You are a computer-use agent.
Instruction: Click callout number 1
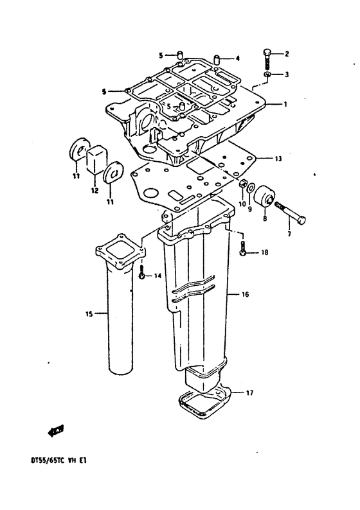285,105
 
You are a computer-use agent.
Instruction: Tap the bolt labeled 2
266,58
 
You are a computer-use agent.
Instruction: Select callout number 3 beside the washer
287,75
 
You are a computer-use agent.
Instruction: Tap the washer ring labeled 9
251,188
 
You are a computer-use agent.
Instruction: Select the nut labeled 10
242,184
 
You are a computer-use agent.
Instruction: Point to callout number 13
278,159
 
